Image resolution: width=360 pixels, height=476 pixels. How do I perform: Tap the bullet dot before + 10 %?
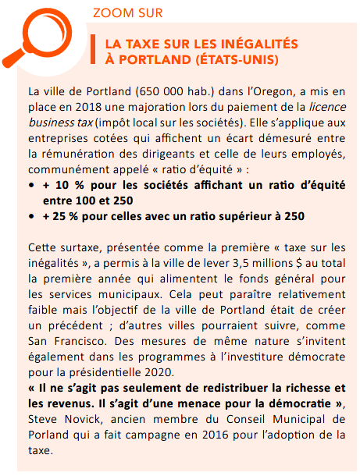point(30,187)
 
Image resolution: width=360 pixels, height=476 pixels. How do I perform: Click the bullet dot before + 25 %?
point(30,215)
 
